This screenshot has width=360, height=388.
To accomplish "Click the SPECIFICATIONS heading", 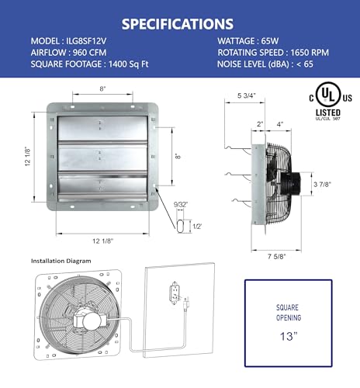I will pos(179,23).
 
